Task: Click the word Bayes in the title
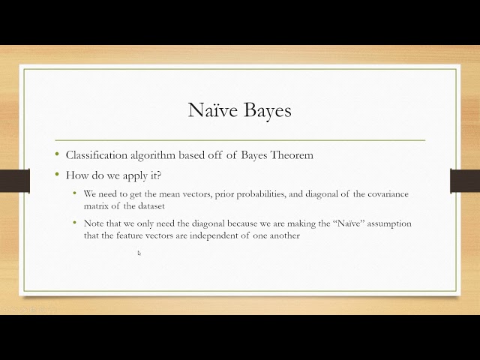point(265,111)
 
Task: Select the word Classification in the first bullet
point(96,155)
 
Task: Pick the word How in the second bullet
point(77,175)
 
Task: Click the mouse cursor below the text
point(139,253)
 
